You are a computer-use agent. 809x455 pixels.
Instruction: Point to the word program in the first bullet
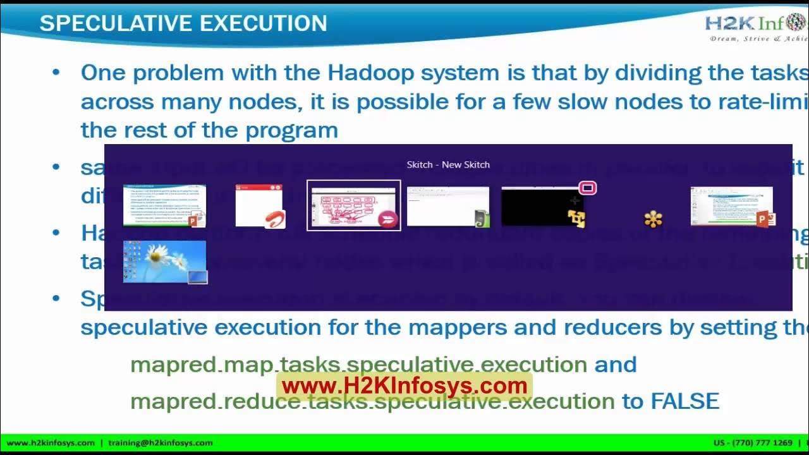pyautogui.click(x=291, y=130)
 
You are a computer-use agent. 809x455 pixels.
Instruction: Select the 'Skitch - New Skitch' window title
pyautogui.click(x=448, y=164)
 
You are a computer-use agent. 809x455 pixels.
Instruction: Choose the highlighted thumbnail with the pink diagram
pyautogui.click(x=353, y=205)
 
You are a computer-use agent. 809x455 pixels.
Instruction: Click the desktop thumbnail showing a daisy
pyautogui.click(x=164, y=261)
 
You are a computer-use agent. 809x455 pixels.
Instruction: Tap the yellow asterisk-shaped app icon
pyautogui.click(x=653, y=219)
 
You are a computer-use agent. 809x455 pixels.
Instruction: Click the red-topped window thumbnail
pyautogui.click(x=259, y=205)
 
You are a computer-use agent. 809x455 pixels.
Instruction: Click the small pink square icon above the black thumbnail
pyautogui.click(x=588, y=188)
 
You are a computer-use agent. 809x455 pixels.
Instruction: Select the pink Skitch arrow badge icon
pyautogui.click(x=387, y=219)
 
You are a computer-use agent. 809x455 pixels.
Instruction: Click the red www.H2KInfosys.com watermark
pyautogui.click(x=404, y=385)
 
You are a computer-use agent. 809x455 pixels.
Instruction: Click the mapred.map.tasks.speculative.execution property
pyautogui.click(x=358, y=365)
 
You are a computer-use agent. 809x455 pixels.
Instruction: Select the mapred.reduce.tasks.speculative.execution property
pyautogui.click(x=372, y=401)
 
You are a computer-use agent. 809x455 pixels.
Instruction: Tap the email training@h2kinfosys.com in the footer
pyautogui.click(x=161, y=443)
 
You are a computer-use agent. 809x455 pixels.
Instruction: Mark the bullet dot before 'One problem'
pyautogui.click(x=56, y=73)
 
